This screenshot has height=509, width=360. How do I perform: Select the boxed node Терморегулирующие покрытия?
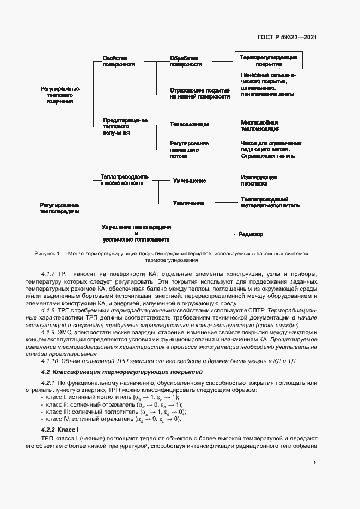(x=269, y=60)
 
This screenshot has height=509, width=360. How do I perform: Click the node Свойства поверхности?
(x=118, y=60)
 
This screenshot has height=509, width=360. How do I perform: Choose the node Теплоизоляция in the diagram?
(x=189, y=124)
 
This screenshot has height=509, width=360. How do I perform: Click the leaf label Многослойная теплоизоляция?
(x=260, y=126)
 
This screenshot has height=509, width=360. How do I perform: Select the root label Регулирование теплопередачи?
(x=59, y=208)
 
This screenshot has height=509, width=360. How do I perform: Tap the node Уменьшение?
(x=189, y=180)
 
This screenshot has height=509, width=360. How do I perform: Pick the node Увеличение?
(x=188, y=203)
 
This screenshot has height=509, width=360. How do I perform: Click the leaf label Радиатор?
(x=251, y=235)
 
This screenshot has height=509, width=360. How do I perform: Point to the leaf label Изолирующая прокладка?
(x=259, y=180)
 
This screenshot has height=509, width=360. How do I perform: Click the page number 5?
(x=315, y=463)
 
